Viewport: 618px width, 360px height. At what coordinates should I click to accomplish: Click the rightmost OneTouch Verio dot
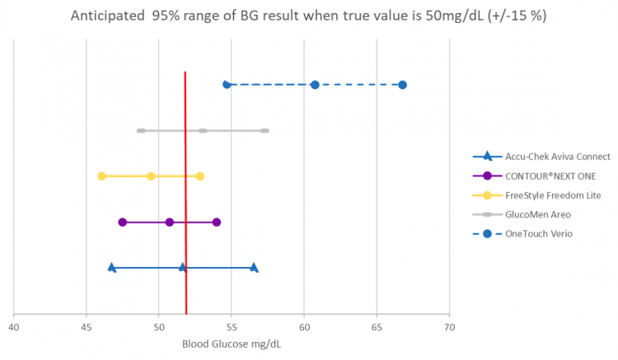point(402,85)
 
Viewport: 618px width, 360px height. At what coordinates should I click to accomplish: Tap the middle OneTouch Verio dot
point(315,85)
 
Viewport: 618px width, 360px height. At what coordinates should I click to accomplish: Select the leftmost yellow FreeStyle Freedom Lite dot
point(101,176)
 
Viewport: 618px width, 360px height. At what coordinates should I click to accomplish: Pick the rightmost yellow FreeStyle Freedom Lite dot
point(199,176)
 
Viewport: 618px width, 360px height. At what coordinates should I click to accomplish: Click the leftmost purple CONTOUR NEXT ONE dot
point(122,222)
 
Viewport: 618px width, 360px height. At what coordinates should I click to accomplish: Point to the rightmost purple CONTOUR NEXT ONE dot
point(217,222)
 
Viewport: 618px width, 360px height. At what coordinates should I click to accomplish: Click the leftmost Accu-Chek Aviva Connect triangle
point(111,267)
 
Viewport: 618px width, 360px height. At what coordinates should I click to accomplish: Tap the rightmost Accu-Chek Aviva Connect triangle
point(254,267)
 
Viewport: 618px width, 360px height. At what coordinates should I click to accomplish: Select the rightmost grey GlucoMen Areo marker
point(265,130)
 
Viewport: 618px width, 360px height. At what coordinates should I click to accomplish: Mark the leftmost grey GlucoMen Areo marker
point(141,130)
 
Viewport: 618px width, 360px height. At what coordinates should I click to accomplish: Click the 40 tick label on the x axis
point(14,328)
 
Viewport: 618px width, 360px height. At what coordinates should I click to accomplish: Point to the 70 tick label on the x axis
point(449,328)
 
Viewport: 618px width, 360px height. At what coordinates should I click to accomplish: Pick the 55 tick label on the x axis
point(232,328)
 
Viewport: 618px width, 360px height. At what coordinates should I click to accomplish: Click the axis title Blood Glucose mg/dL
point(231,344)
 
